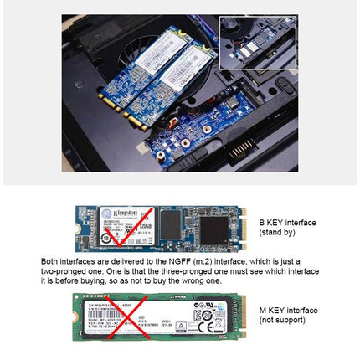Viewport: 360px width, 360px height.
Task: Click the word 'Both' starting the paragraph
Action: [50, 261]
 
